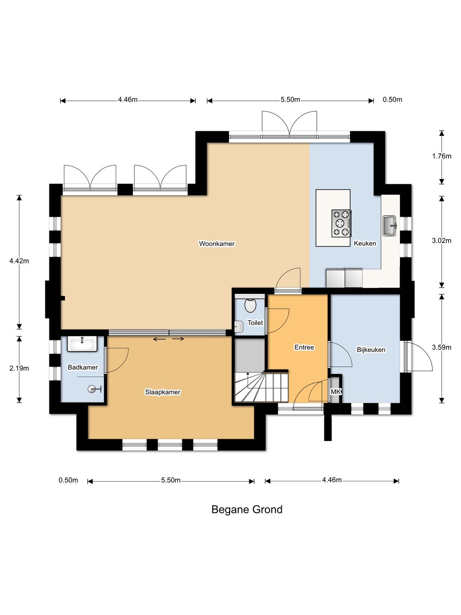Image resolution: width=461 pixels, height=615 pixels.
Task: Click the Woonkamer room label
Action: point(217,243)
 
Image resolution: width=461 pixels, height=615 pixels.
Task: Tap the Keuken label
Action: point(365,243)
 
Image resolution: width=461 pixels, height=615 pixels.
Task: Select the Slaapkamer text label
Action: point(162,392)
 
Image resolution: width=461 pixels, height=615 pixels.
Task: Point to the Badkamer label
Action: point(82,367)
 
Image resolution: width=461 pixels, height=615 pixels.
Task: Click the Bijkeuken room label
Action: point(371,350)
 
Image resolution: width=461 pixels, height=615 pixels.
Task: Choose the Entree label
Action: point(304,347)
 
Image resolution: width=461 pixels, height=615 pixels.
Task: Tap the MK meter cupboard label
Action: point(336,391)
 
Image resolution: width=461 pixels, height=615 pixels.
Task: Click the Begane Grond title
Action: point(247,510)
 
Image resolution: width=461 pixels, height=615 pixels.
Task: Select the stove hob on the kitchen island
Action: point(341,223)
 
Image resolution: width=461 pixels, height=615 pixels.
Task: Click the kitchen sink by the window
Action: point(390,225)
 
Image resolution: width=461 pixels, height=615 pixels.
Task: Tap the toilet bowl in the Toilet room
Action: point(250,305)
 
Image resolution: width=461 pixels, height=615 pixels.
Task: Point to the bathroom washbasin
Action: point(82,344)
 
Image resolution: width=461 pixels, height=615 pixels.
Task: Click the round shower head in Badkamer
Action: point(92,389)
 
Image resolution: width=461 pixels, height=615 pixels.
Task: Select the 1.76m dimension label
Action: point(441,156)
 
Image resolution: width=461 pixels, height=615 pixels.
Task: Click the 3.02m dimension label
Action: point(441,240)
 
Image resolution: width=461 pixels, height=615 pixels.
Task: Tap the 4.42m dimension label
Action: point(19,261)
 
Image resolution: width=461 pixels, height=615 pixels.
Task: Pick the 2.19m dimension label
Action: point(19,368)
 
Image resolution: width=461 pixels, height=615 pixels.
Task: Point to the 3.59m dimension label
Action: point(441,347)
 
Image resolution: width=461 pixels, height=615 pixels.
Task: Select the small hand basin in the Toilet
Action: point(239,326)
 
